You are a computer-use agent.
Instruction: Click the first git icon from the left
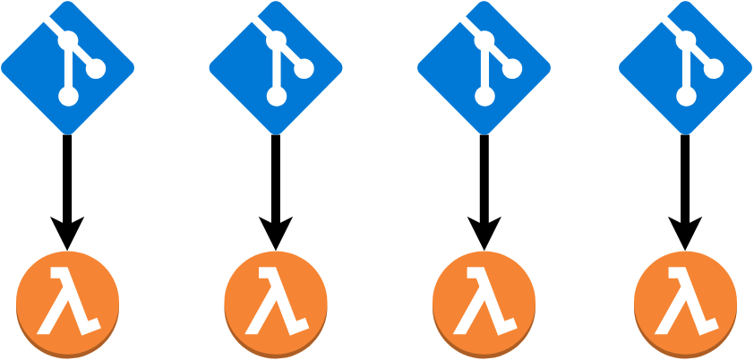(67, 67)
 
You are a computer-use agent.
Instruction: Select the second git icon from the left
(276, 67)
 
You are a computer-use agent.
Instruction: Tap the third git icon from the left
(484, 67)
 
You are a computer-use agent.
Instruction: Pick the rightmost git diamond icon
(685, 67)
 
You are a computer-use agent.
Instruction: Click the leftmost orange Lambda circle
(67, 304)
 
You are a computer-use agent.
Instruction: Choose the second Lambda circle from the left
(276, 304)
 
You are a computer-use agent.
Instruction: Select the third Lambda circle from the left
(484, 304)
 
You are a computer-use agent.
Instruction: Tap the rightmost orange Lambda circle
(685, 304)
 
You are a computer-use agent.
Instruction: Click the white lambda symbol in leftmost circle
(67, 300)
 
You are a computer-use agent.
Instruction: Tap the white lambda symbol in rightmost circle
(685, 300)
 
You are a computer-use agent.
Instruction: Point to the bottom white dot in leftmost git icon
(68, 96)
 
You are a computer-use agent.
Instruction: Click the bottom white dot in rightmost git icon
(686, 96)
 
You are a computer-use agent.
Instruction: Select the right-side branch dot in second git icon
(304, 68)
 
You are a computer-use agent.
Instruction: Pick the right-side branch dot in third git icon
(511, 68)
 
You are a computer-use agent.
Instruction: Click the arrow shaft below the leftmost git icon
(67, 175)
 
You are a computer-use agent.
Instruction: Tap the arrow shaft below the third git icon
(484, 175)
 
